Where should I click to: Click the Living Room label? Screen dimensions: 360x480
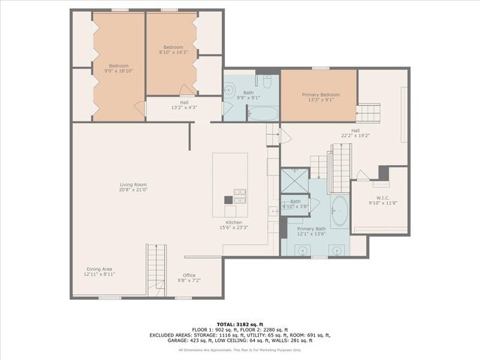pyautogui.click(x=133, y=184)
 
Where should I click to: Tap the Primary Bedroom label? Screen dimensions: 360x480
pyautogui.click(x=320, y=94)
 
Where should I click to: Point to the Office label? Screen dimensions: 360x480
pyautogui.click(x=189, y=275)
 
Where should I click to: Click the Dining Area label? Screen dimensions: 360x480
pyautogui.click(x=98, y=269)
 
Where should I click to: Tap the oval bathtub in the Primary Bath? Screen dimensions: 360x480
pyautogui.click(x=339, y=211)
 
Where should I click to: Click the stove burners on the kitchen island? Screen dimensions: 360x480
pyautogui.click(x=240, y=196)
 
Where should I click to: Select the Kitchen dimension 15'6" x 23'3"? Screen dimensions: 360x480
pyautogui.click(x=235, y=228)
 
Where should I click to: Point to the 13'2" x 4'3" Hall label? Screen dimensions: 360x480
pyautogui.click(x=184, y=107)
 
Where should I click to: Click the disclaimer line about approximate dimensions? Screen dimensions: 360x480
pyautogui.click(x=240, y=350)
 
